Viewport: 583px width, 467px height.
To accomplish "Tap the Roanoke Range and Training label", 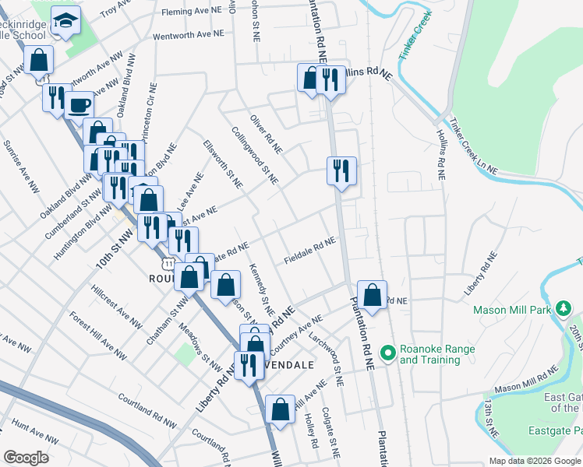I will coord(436,354).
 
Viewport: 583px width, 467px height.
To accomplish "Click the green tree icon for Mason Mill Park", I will coord(564,310).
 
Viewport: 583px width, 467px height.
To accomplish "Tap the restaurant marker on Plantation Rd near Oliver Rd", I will coord(341,170).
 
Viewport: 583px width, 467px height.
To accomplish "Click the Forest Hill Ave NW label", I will coord(96,335).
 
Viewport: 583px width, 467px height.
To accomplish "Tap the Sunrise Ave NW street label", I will coord(21,167).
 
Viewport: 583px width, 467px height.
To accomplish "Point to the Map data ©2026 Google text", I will coord(534,460).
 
